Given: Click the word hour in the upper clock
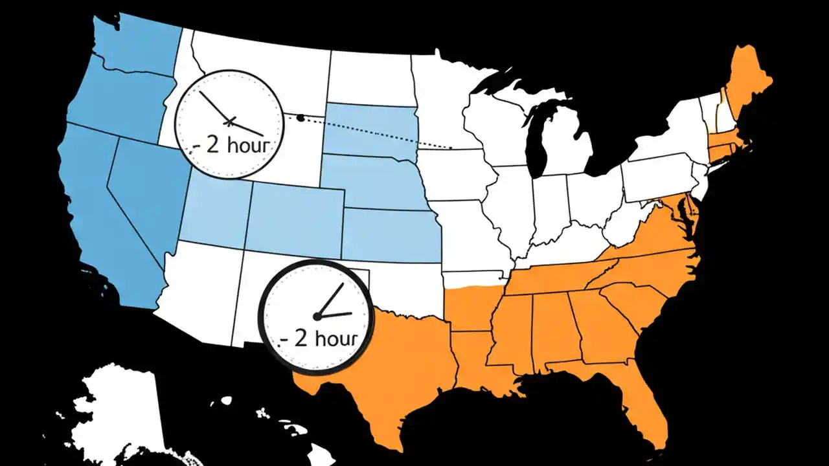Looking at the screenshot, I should coord(245,144).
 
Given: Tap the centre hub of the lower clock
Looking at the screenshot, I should coord(317,316).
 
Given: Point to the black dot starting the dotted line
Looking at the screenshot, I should coord(301,117).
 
